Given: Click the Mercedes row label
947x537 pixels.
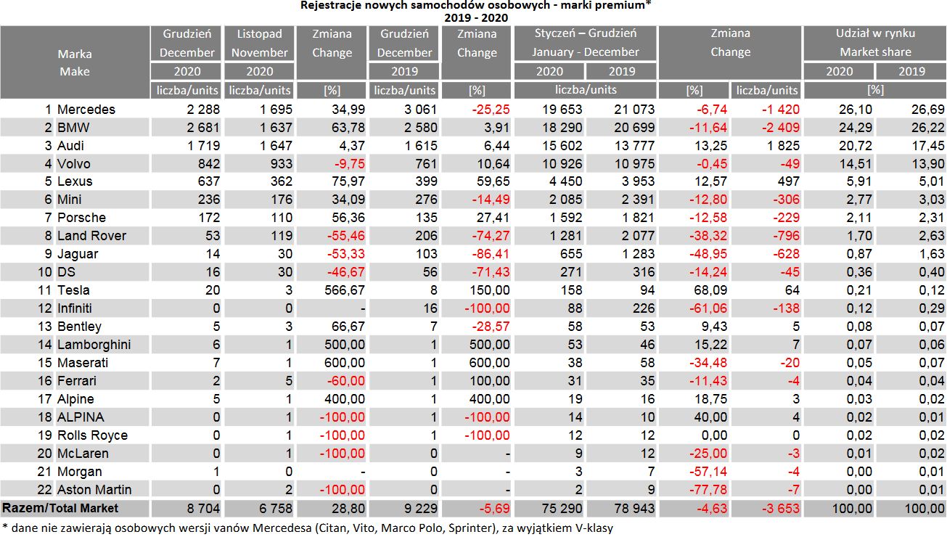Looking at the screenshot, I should (86, 110).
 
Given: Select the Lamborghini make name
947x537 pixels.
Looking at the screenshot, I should (94, 345).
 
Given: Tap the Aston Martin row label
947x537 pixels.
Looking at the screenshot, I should (94, 490).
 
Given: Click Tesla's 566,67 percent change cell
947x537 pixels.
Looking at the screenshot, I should (345, 290).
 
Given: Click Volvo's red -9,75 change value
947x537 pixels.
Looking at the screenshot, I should (348, 164).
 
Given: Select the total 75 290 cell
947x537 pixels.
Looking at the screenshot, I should (558, 509).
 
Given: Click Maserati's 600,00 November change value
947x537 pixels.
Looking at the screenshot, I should (345, 363).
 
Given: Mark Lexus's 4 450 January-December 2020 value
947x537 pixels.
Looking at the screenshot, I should (562, 182).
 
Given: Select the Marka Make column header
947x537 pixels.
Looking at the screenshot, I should (75, 62).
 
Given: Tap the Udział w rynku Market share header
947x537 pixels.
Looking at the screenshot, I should (875, 43).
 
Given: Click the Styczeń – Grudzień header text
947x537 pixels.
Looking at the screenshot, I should (585, 33).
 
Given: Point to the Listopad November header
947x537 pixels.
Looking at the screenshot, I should (259, 43).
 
